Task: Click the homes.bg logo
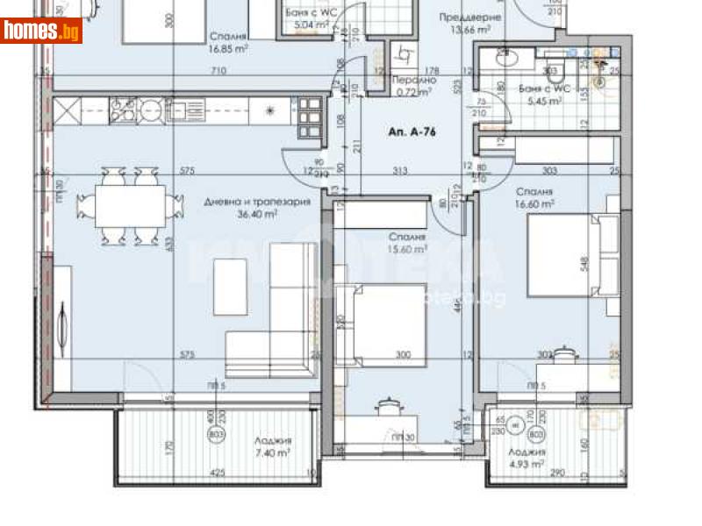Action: click(41, 31)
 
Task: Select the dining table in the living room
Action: click(132, 208)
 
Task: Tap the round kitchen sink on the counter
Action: click(152, 110)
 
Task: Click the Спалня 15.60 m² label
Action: click(407, 243)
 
